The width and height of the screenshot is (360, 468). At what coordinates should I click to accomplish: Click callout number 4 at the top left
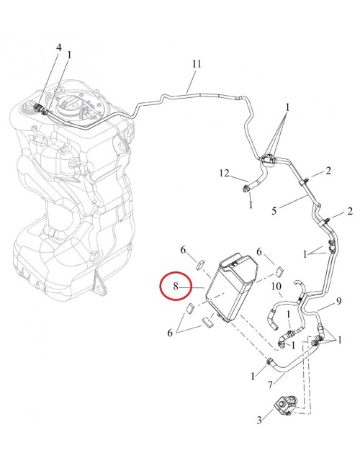(x=59, y=47)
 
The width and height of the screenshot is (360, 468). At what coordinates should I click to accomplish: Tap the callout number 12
(x=225, y=173)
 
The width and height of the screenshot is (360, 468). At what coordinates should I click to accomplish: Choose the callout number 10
(x=275, y=287)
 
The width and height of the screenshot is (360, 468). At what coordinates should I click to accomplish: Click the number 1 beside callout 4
(x=69, y=55)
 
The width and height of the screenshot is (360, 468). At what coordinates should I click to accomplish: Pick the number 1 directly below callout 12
(x=250, y=204)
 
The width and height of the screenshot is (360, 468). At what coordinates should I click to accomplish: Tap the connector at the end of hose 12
(x=248, y=189)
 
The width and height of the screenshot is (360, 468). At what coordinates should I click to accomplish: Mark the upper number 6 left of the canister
(x=184, y=251)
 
